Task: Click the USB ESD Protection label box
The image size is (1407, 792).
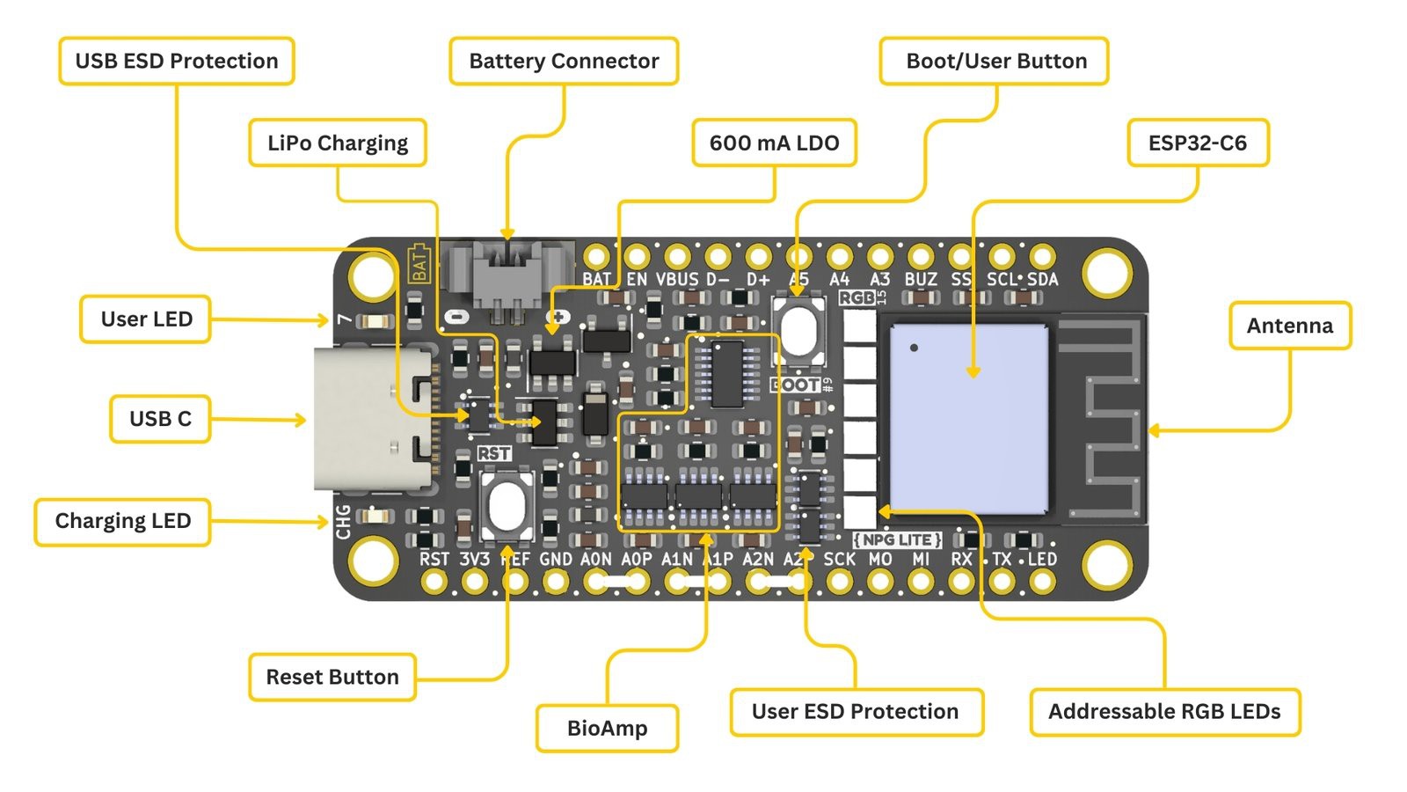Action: pyautogui.click(x=176, y=61)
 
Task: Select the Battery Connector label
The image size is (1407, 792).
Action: pyautogui.click(x=563, y=61)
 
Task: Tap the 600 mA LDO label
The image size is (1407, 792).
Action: pyautogui.click(x=774, y=143)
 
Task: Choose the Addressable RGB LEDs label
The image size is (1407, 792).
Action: pyautogui.click(x=1163, y=711)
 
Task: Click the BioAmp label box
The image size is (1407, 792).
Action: pyautogui.click(x=607, y=728)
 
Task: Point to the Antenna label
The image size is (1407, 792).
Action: pyautogui.click(x=1289, y=326)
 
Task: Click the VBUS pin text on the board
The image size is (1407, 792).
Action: pyautogui.click(x=676, y=280)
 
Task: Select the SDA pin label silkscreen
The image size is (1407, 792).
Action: pyautogui.click(x=1042, y=280)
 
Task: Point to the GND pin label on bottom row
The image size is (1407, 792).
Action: pyautogui.click(x=555, y=559)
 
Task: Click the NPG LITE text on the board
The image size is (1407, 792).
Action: pyautogui.click(x=897, y=539)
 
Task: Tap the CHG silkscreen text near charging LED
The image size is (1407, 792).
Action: pyautogui.click(x=343, y=521)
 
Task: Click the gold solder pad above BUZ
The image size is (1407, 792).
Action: pyautogui.click(x=921, y=256)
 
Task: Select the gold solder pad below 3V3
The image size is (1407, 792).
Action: pyautogui.click(x=475, y=581)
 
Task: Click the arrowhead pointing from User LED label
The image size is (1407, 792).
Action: pyautogui.click(x=324, y=319)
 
